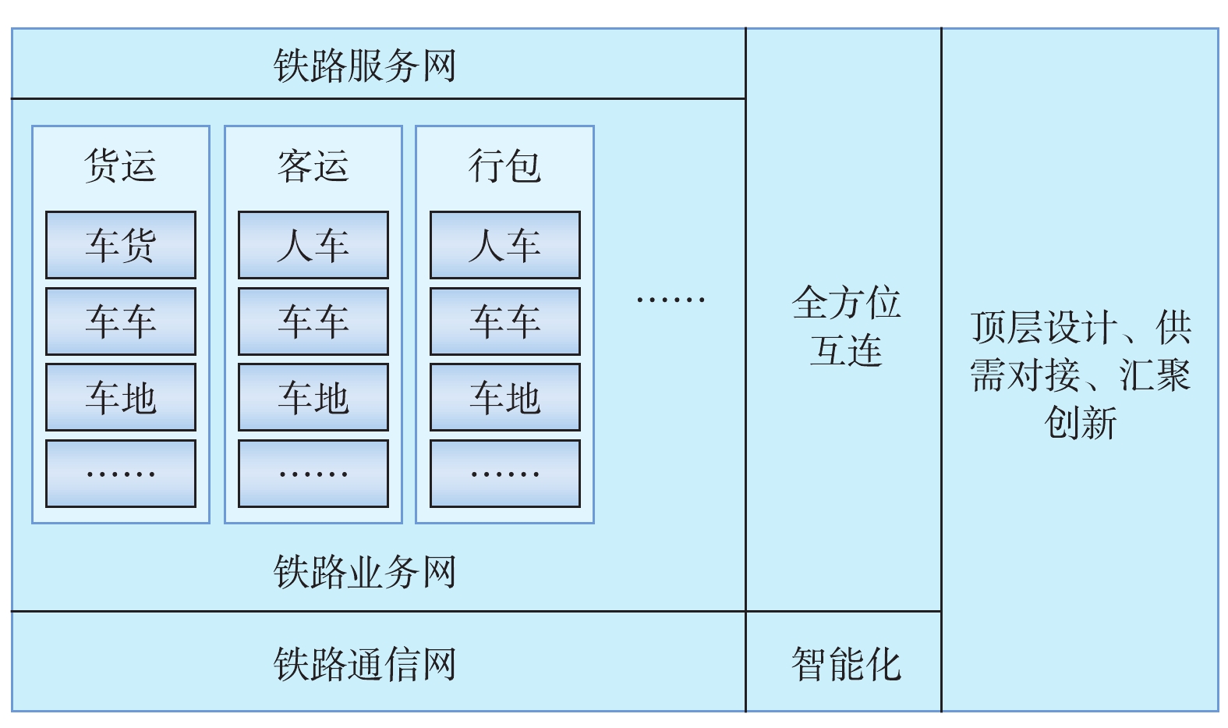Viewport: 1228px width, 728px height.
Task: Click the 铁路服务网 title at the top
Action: pos(365,66)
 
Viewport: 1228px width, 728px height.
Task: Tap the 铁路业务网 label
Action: pos(365,572)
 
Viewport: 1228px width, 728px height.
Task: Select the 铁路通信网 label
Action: pos(365,664)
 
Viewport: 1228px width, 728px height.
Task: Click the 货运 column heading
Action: pos(121,166)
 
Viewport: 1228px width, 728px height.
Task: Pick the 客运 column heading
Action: pos(313,166)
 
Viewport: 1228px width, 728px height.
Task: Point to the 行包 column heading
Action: pos(504,166)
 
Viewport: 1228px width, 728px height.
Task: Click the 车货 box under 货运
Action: pos(121,245)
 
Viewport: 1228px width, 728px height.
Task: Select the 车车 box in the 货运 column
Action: pos(121,321)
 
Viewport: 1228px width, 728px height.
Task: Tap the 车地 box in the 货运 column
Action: pos(121,397)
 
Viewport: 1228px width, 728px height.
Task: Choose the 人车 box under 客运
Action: pos(313,245)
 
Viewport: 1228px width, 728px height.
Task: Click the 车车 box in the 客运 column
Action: pos(313,321)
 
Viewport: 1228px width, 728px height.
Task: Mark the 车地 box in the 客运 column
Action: pos(313,397)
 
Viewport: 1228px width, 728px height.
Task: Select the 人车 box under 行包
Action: pos(504,245)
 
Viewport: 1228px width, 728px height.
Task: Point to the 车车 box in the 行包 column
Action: pos(504,321)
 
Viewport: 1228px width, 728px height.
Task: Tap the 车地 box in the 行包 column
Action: pos(504,397)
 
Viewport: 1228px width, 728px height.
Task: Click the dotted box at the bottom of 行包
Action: pos(504,474)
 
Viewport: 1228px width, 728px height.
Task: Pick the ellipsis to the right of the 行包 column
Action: pos(671,299)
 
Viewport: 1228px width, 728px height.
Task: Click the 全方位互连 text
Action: pos(846,325)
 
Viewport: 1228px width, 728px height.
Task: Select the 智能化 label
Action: pos(846,664)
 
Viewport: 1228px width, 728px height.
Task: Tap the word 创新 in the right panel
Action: pos(1081,423)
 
